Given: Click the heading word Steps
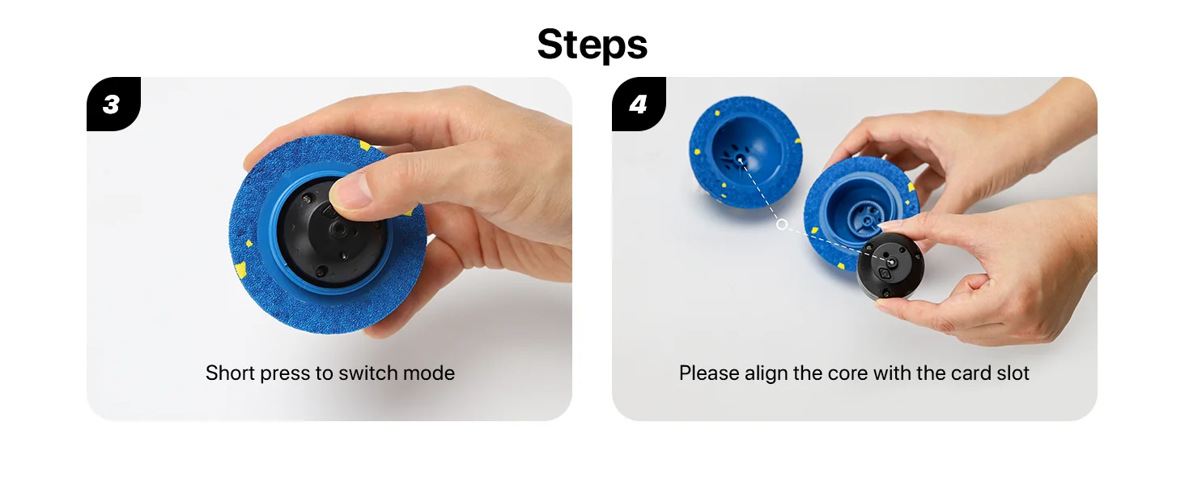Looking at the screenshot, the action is (x=592, y=44).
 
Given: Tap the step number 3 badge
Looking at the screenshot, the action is (x=113, y=104).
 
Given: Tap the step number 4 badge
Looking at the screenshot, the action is (x=639, y=104).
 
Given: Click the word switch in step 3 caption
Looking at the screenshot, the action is (x=368, y=373).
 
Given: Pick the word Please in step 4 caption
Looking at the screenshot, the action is (x=709, y=373).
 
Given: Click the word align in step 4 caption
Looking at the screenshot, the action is (x=767, y=373).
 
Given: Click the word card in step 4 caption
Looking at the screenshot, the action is (x=971, y=373).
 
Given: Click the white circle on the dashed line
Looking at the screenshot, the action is (x=782, y=224).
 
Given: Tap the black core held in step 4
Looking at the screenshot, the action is (x=890, y=266).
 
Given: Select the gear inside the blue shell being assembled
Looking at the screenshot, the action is (x=868, y=218).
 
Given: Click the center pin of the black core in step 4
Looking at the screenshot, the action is (x=891, y=261).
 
